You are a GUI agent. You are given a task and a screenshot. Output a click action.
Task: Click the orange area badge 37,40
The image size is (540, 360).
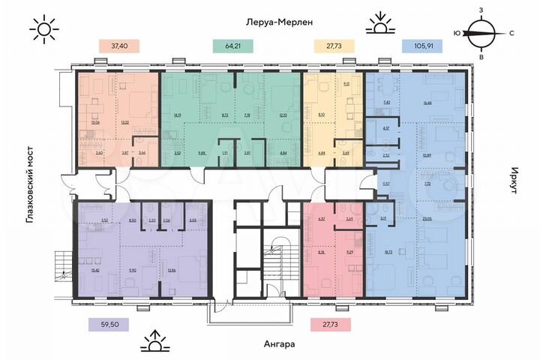click(x=118, y=46)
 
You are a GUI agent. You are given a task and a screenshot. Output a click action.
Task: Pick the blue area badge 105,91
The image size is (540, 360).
click(x=424, y=46)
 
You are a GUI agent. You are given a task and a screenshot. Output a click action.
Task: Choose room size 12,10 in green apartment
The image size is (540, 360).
click(x=281, y=114)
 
